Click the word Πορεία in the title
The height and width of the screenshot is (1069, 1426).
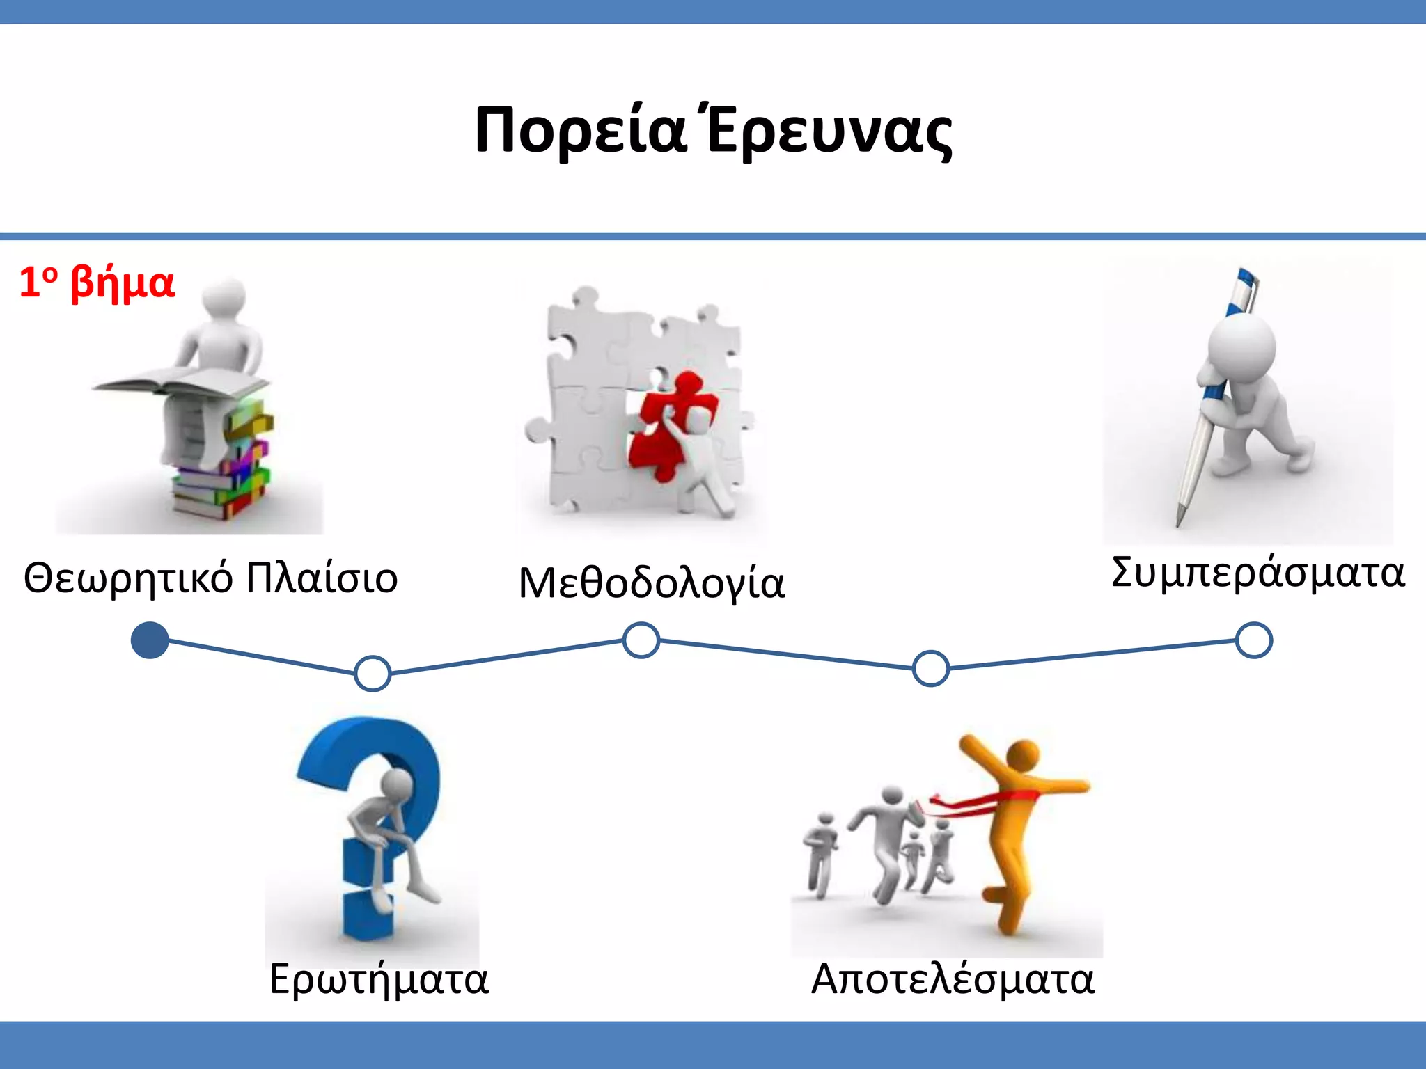click(580, 131)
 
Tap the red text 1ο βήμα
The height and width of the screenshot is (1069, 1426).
click(97, 283)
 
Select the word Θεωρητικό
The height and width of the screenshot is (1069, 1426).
click(128, 579)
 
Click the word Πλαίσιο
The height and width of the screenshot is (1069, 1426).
click(322, 578)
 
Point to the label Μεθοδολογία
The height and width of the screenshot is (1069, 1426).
click(652, 583)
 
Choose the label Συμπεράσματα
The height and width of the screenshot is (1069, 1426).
click(1257, 573)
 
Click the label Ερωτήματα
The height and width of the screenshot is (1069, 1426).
click(379, 979)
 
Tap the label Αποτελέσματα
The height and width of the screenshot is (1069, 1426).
click(953, 979)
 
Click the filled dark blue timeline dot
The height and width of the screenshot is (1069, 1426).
click(150, 640)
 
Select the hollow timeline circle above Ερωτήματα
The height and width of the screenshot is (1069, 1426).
click(373, 673)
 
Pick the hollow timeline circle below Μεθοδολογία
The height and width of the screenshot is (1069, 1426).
click(641, 640)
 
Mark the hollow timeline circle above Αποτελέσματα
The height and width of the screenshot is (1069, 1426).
click(931, 668)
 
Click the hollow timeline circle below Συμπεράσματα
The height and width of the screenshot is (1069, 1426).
click(1254, 640)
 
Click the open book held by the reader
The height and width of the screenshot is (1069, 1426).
click(181, 383)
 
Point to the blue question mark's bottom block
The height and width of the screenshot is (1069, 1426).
click(368, 915)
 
